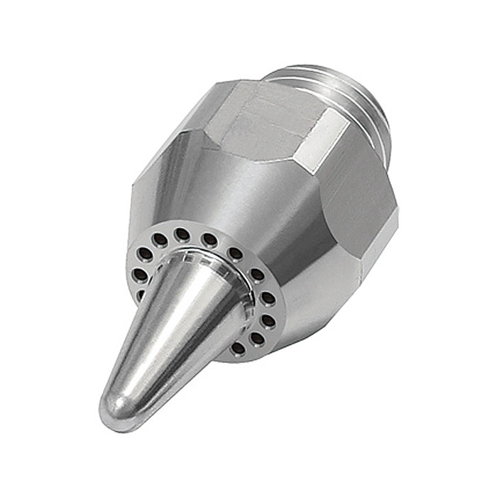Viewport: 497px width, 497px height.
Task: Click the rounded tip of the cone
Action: tap(114, 412)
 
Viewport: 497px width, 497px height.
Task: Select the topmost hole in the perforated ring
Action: tap(182, 234)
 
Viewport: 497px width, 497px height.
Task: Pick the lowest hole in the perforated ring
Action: tap(239, 348)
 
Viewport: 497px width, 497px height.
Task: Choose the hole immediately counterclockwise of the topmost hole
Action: tap(160, 240)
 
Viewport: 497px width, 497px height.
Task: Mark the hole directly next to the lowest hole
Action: tap(257, 339)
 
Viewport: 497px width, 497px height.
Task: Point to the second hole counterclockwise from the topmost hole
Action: tap(145, 253)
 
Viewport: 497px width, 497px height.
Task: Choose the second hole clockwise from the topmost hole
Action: tap(235, 253)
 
